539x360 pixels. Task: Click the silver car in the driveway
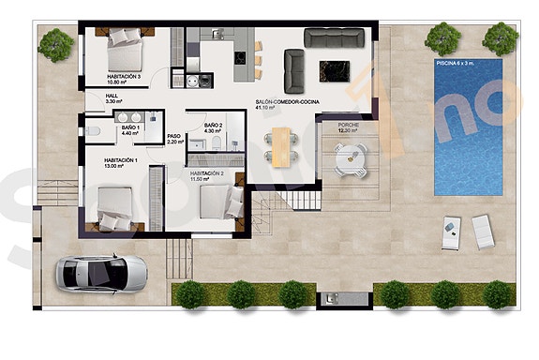[x=102, y=274]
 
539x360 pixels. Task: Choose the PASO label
[x=173, y=139]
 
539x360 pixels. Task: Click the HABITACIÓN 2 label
[x=206, y=174]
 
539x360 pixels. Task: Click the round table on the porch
[x=352, y=158]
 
